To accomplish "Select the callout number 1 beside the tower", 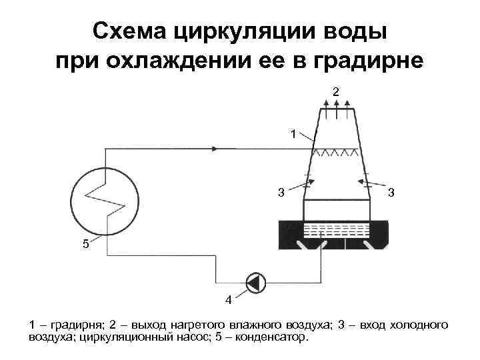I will pyautogui.click(x=293, y=134).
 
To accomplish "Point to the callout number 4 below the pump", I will pyautogui.click(x=229, y=300).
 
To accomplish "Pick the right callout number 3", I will pyautogui.click(x=392, y=193).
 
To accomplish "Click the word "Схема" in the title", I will pyautogui.click(x=128, y=31).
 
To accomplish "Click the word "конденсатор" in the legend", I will pyautogui.click(x=271, y=337).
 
